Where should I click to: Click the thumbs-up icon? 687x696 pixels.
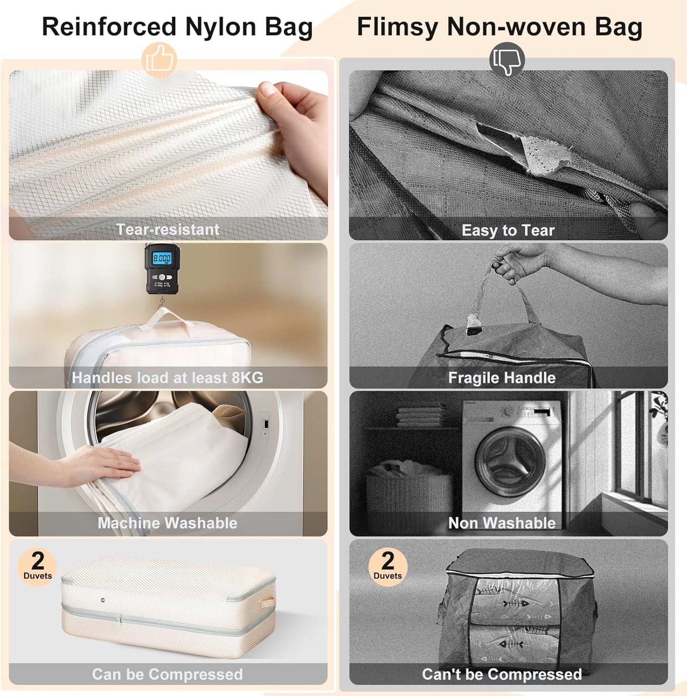(x=159, y=59)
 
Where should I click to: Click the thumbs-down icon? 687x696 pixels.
(x=507, y=59)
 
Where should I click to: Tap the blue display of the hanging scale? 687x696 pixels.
(x=162, y=258)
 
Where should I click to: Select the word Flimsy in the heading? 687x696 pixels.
(x=397, y=27)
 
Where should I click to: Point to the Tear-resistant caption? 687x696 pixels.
(x=168, y=230)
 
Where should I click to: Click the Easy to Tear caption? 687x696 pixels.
(x=508, y=231)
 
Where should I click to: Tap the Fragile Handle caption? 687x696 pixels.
(x=502, y=378)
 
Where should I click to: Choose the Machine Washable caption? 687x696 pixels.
(x=168, y=523)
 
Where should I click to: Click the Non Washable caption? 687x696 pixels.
(x=502, y=523)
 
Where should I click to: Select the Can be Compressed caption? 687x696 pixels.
(x=167, y=674)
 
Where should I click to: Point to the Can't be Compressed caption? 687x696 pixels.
(x=502, y=674)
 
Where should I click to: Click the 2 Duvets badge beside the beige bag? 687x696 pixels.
(x=38, y=566)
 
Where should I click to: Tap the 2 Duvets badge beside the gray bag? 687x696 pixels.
(x=388, y=566)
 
